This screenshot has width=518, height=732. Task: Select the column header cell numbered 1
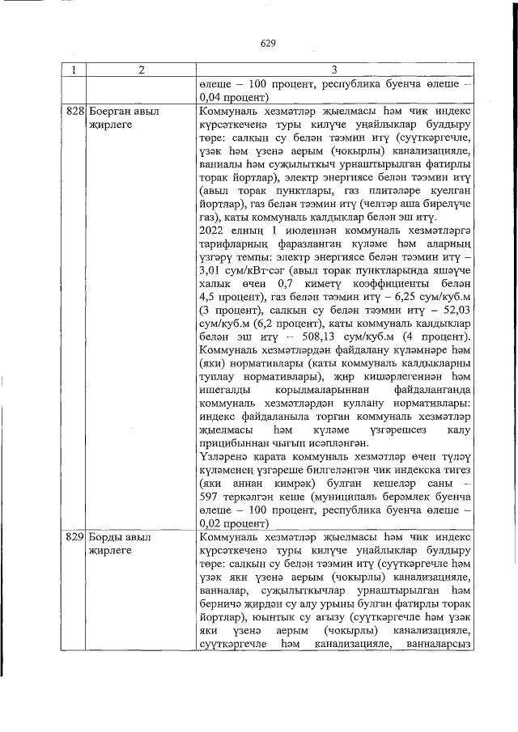tap(74, 70)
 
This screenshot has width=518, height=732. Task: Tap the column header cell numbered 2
tap(140, 70)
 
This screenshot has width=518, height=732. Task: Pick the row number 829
tap(74, 536)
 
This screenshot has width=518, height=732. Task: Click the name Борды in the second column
tap(105, 536)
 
